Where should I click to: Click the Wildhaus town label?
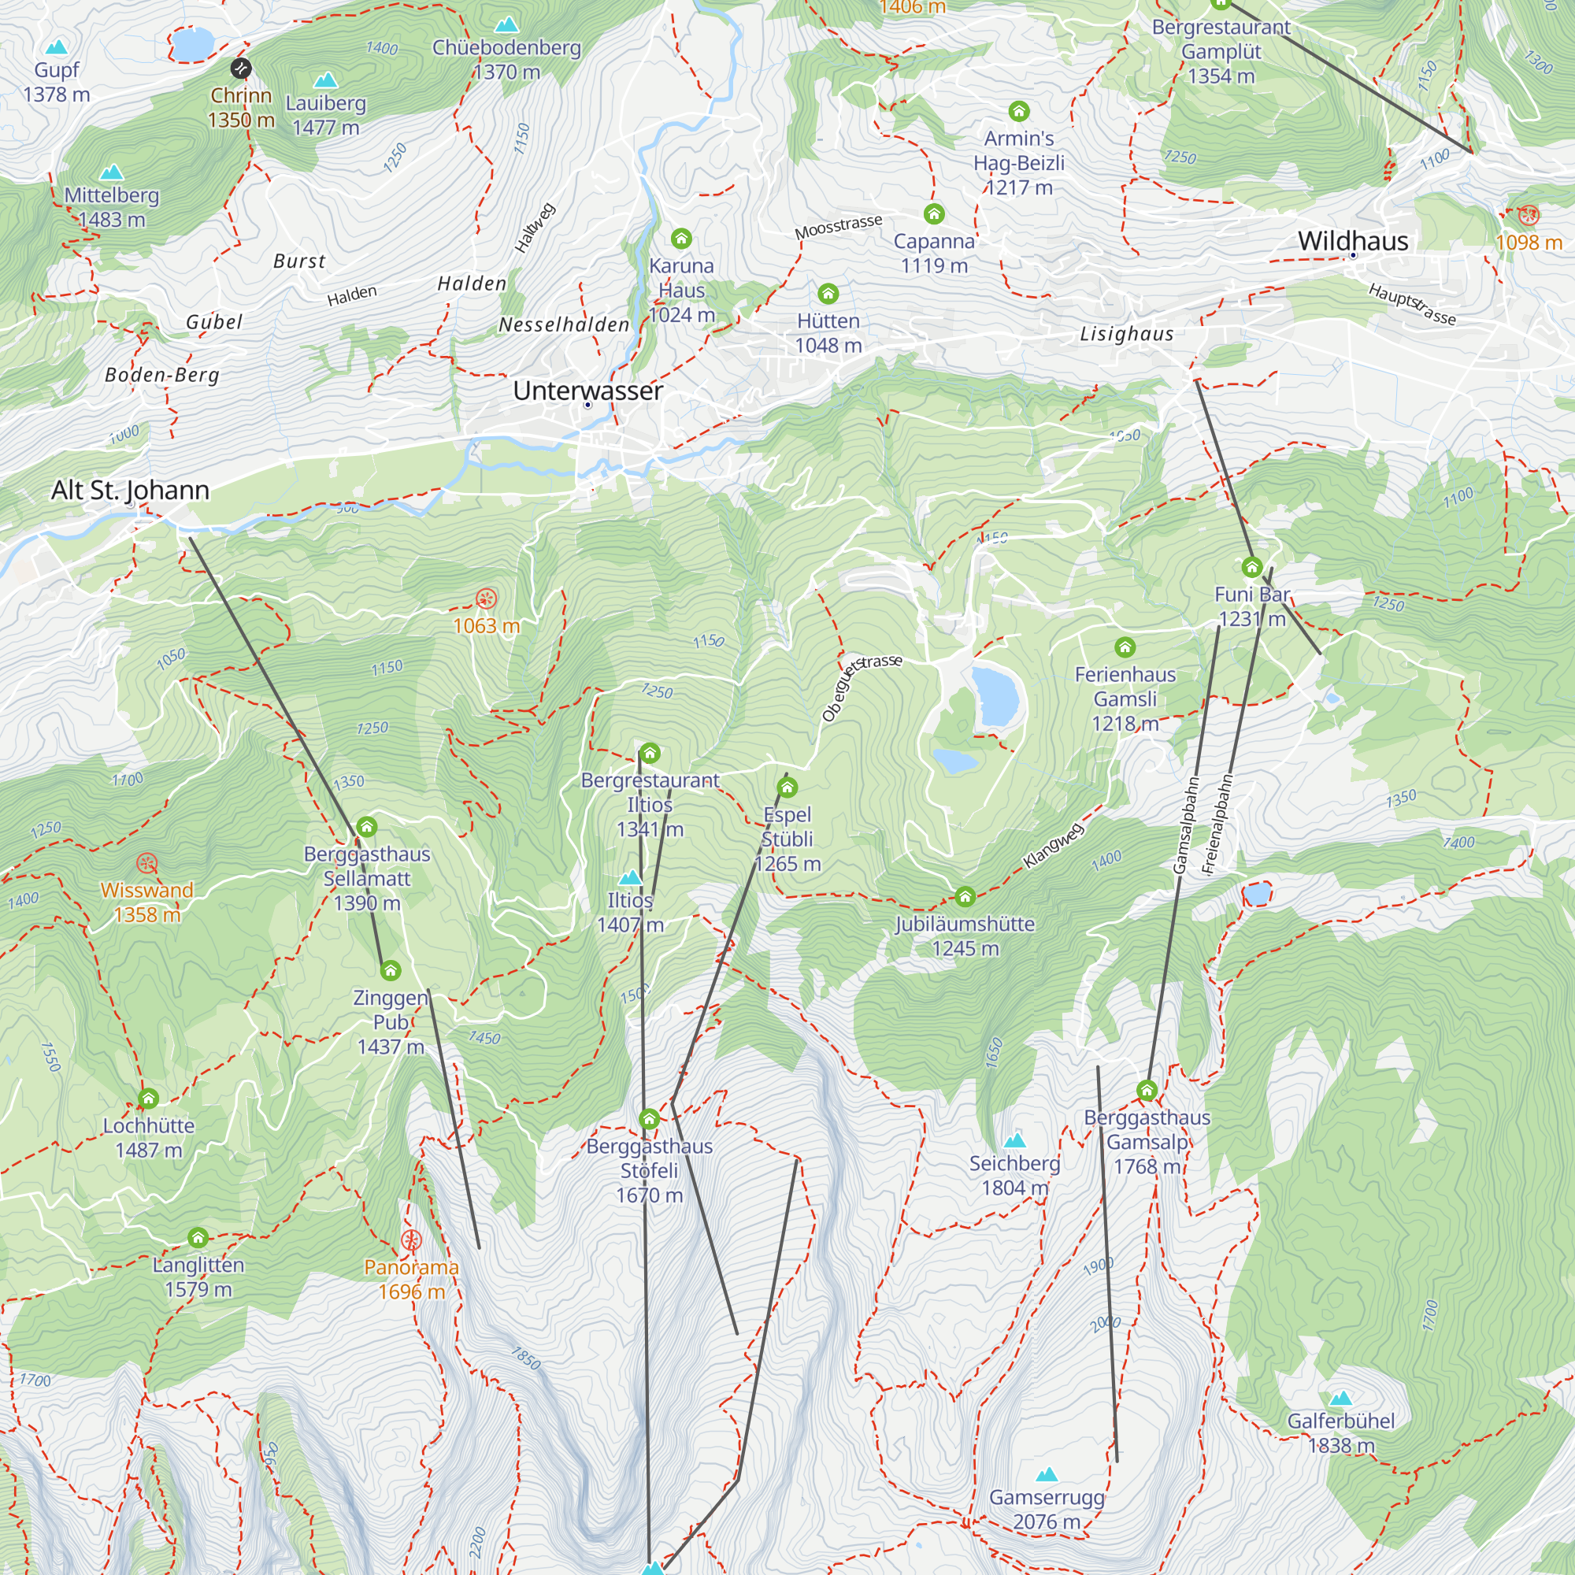[1352, 240]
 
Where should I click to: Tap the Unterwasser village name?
[587, 391]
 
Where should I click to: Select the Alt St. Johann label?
[131, 490]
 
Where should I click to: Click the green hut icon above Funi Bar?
[1251, 566]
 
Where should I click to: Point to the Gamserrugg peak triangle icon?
[1046, 1474]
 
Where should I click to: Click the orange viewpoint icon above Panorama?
[411, 1241]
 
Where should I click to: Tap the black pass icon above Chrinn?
[240, 68]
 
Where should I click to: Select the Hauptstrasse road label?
[1411, 304]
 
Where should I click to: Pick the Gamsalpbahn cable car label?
[1186, 825]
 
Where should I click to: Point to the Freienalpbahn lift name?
[1218, 825]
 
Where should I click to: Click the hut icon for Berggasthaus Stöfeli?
[649, 1119]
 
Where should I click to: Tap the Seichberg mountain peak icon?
[1014, 1140]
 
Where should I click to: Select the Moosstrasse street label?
[838, 227]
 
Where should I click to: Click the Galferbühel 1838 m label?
[1340, 1432]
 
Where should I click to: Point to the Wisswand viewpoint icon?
[146, 862]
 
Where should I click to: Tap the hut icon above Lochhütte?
[147, 1099]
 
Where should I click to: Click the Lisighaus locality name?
[1127, 333]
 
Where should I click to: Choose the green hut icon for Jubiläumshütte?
[965, 898]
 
